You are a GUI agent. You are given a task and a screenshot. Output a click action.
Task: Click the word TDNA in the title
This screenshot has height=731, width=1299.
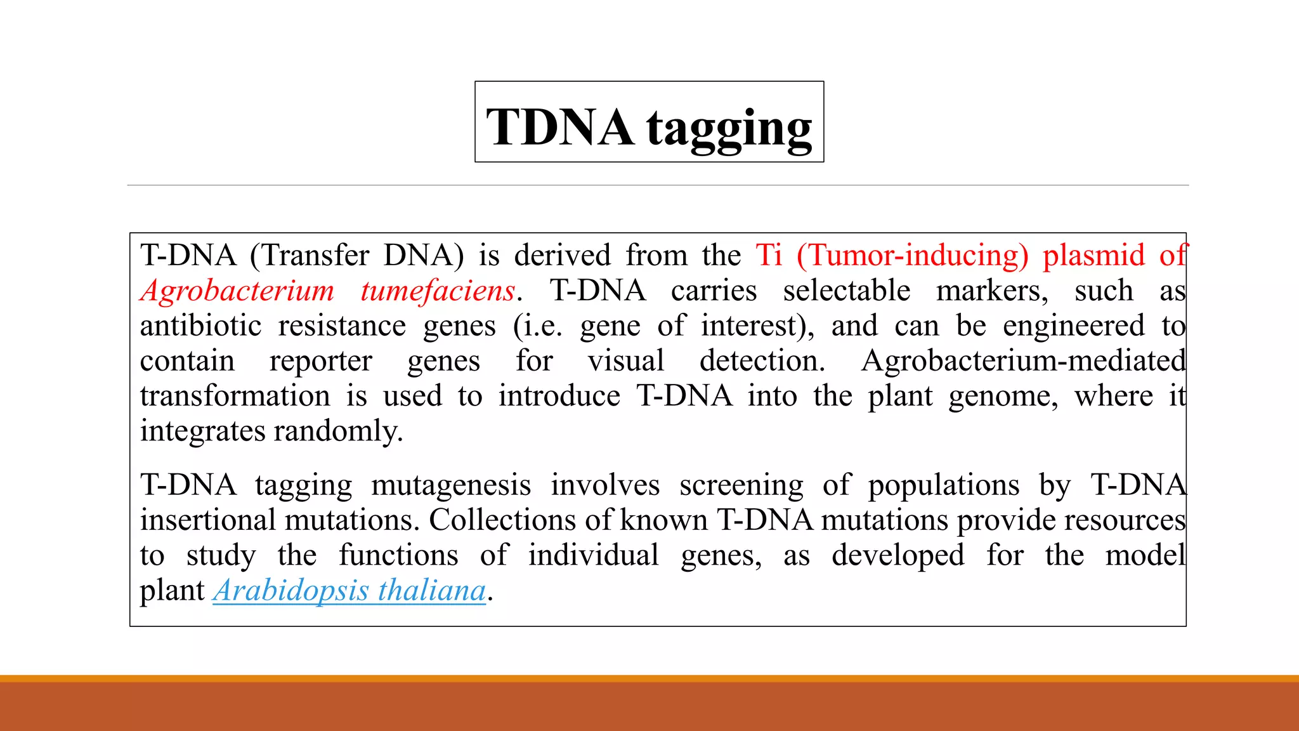tap(559, 127)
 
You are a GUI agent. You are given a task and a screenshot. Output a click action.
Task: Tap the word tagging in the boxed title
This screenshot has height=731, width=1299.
tap(729, 129)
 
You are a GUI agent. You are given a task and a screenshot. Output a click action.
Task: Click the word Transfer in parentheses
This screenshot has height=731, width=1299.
tap(316, 256)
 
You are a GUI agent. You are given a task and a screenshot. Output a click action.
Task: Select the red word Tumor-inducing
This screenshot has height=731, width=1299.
tap(912, 256)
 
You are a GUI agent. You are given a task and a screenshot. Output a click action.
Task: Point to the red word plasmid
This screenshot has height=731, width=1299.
tap(1093, 256)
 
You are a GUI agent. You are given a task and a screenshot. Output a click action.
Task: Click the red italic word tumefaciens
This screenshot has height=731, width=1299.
tap(438, 291)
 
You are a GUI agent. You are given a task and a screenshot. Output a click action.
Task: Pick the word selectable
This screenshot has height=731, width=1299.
tap(846, 291)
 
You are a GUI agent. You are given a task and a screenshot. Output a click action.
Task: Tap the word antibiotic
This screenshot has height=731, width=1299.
tap(200, 326)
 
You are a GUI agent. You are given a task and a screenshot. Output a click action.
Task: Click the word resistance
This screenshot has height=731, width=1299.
tap(342, 326)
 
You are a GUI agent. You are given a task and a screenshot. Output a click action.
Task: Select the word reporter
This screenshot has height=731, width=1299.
tap(320, 362)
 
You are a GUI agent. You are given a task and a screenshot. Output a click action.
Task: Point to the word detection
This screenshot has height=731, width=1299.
tap(762, 361)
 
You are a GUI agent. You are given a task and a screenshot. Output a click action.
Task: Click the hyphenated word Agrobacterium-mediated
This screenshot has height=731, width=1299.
tap(1023, 361)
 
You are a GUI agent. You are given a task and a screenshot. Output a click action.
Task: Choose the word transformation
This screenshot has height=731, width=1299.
tap(235, 397)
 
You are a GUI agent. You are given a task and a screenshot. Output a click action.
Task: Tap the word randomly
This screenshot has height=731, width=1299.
tap(338, 431)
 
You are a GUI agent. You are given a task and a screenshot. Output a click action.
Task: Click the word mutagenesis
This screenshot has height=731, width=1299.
tap(450, 485)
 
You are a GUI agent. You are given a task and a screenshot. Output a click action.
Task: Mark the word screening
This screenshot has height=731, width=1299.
tap(741, 485)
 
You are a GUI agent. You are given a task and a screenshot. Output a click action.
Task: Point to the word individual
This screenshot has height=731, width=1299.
tap(594, 555)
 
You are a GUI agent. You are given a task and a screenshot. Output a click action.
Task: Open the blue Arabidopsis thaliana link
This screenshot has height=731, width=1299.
tap(349, 591)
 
